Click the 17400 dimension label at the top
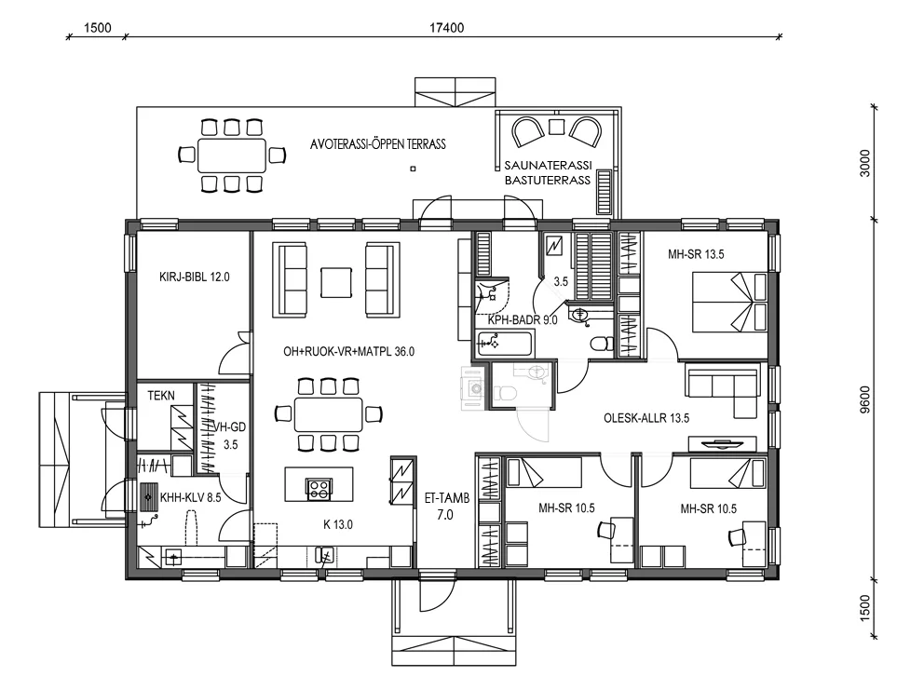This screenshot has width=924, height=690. [x=448, y=28]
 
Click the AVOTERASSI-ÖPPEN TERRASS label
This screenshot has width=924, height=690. [x=378, y=144]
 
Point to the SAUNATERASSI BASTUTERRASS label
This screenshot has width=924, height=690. [x=547, y=173]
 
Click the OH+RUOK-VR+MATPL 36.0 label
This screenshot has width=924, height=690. [x=348, y=352]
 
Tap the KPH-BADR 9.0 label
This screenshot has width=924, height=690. [x=523, y=320]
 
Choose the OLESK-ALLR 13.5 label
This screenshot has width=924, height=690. [x=646, y=418]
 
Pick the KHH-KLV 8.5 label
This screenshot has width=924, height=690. [x=190, y=498]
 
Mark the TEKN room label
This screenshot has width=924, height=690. [x=161, y=396]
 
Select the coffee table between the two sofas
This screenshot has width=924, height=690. [x=336, y=281]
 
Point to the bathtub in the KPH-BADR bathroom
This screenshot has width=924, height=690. [x=502, y=345]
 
